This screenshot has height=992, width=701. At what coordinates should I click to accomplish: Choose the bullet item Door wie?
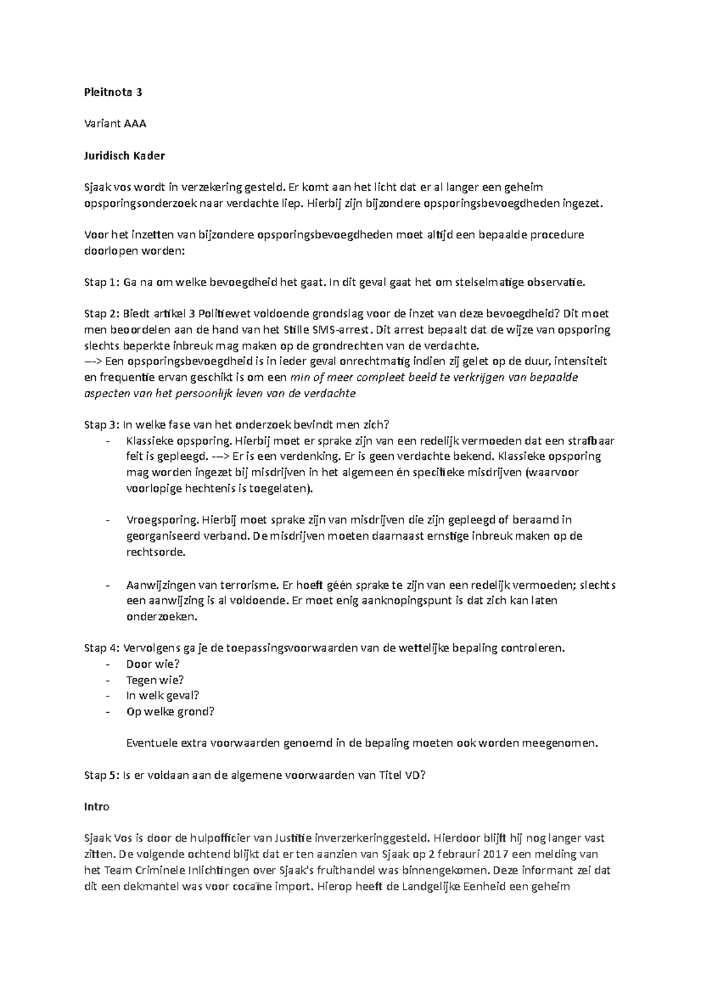[152, 664]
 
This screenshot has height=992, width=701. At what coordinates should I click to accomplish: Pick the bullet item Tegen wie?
[155, 679]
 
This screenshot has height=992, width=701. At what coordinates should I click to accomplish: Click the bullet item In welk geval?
[162, 695]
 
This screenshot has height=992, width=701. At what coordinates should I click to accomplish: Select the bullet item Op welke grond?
[170, 711]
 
